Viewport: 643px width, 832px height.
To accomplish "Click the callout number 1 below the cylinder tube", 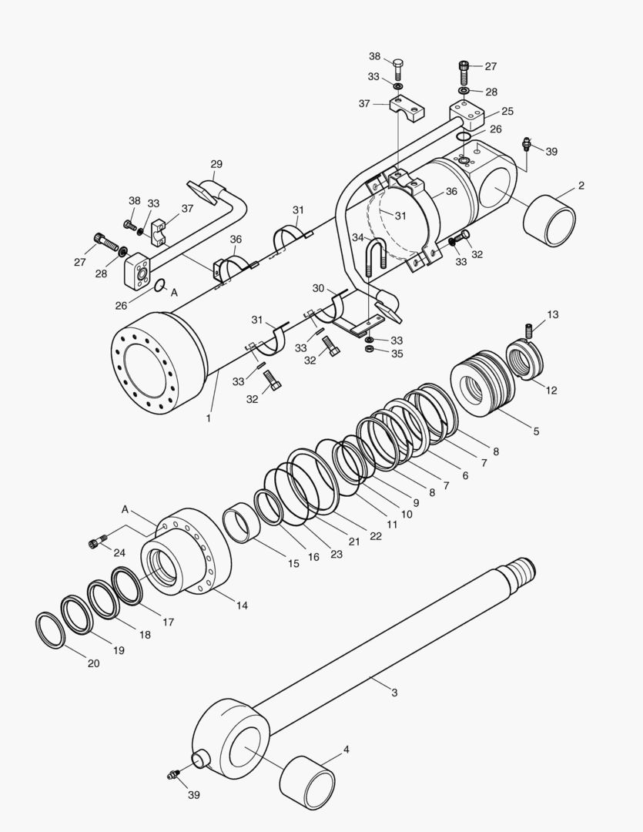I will (208, 418).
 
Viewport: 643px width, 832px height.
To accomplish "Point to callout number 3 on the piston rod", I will (394, 693).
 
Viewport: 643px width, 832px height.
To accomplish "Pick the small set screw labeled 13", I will (530, 330).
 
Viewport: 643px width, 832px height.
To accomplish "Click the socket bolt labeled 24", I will (95, 544).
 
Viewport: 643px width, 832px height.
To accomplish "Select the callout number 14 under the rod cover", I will (242, 606).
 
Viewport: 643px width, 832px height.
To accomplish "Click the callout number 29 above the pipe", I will (216, 164).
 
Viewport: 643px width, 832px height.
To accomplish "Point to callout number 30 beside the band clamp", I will (318, 287).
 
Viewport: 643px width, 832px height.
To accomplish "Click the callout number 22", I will (376, 536).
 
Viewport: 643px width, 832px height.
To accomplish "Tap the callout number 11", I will (393, 524).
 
